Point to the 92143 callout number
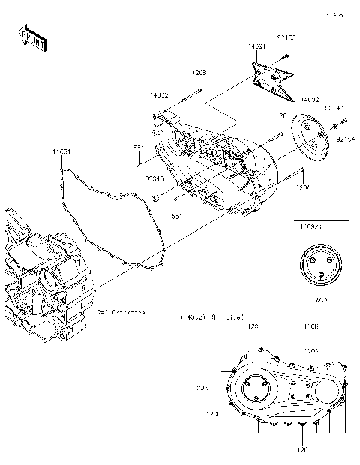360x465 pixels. [x=334, y=107]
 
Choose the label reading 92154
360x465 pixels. [x=345, y=138]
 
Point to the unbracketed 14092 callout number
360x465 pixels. [x=310, y=98]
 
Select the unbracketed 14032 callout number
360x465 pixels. [x=158, y=95]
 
